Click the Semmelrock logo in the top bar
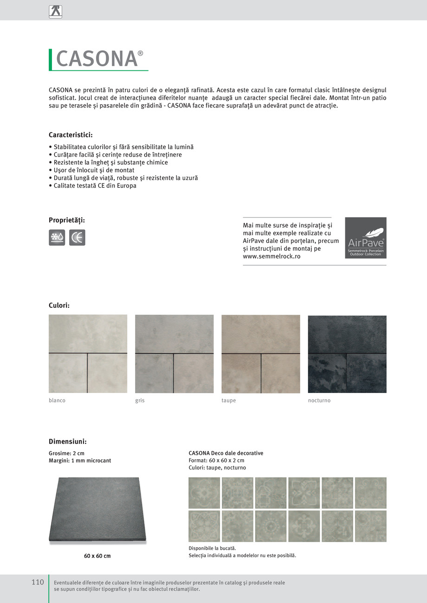click(55, 12)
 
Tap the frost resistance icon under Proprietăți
click(57, 237)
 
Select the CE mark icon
click(77, 237)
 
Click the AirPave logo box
click(366, 238)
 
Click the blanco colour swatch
click(88, 354)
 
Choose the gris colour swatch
click(174, 354)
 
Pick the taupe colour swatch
click(260, 354)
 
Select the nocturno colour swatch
click(347, 354)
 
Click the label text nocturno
click(319, 400)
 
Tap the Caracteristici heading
click(71, 135)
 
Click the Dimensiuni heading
click(68, 442)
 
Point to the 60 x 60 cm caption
click(97, 556)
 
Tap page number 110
click(38, 582)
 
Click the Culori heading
click(59, 305)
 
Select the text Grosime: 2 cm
click(67, 453)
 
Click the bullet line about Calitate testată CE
click(93, 186)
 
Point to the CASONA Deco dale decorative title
click(226, 453)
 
